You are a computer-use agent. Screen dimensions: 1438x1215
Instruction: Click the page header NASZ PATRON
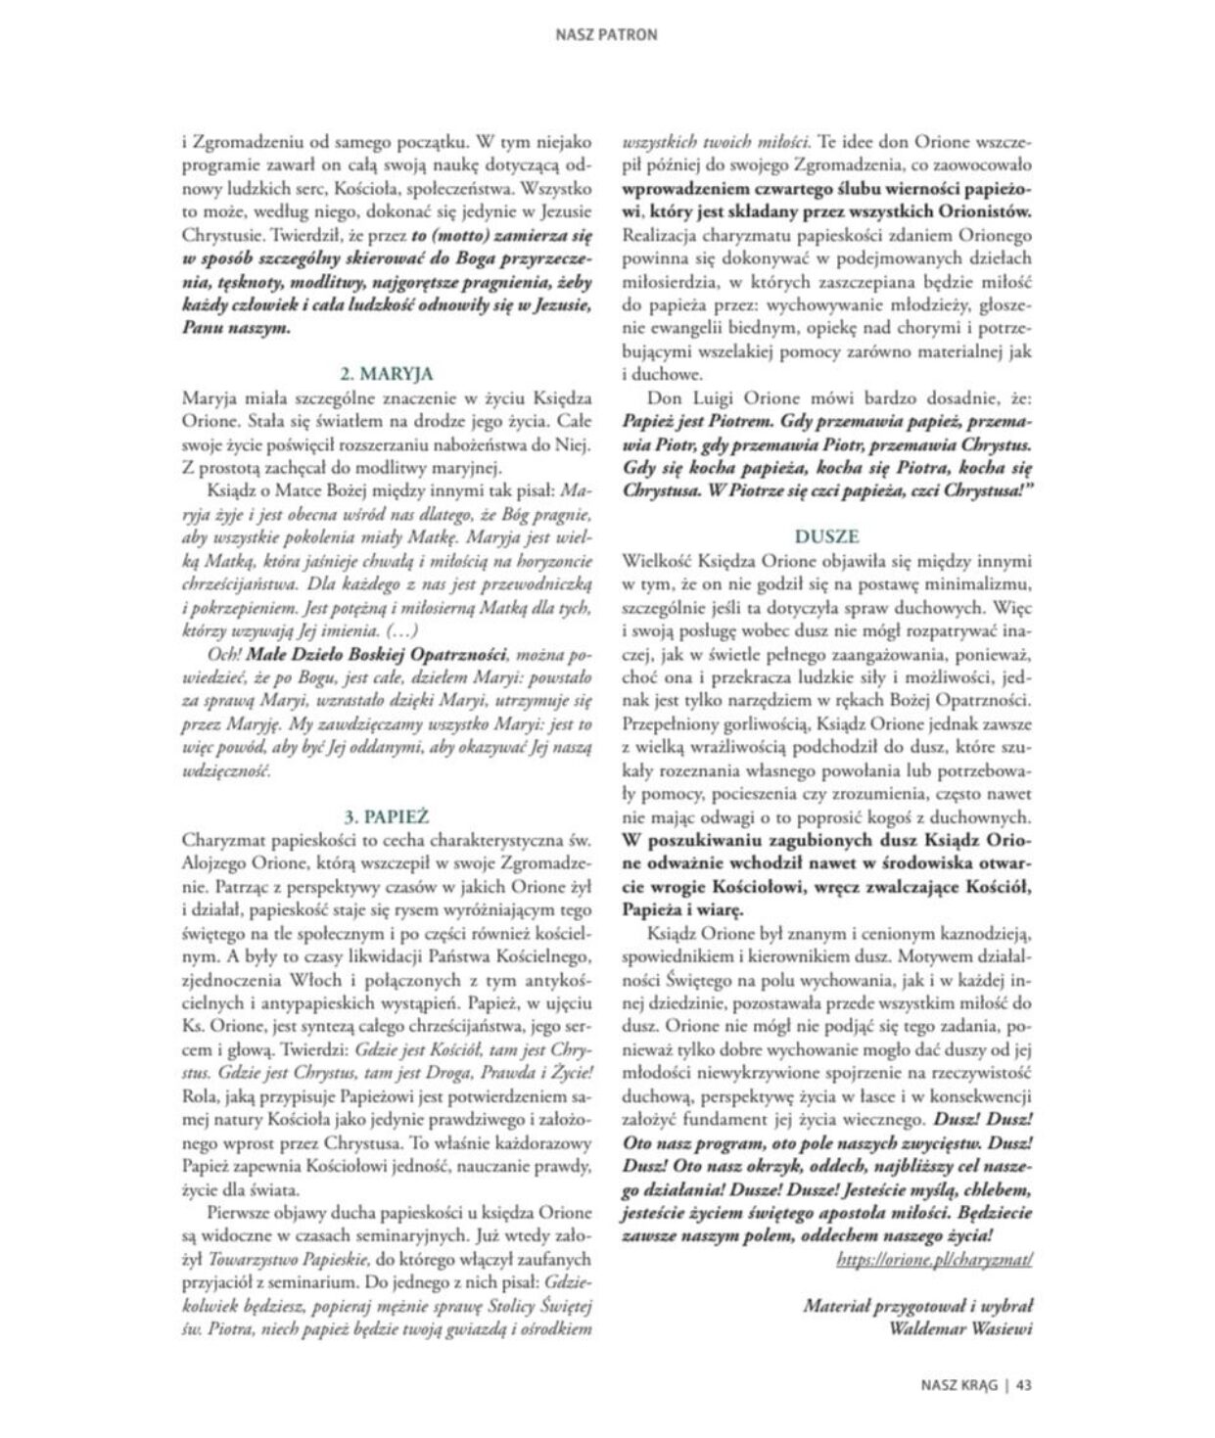tap(607, 34)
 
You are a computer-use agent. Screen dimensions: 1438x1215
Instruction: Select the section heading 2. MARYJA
tap(387, 373)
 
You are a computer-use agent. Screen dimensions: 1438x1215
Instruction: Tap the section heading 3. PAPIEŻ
tap(387, 815)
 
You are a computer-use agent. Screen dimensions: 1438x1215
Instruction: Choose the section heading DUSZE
tap(827, 536)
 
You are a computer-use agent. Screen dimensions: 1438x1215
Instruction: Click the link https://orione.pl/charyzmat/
tap(935, 1260)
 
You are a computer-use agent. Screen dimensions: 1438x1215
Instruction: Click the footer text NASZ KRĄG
tap(958, 1385)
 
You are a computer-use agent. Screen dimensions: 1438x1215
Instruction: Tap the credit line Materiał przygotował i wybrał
tap(918, 1305)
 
